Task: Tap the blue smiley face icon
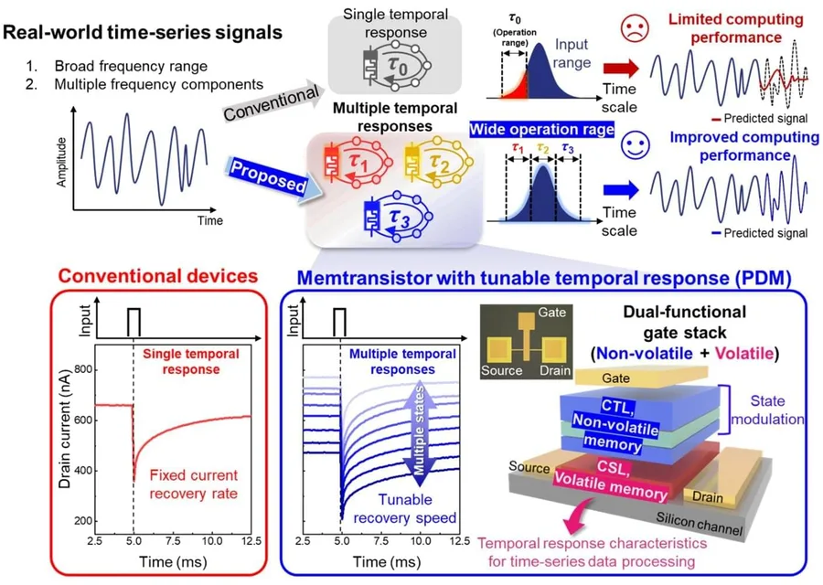(x=636, y=144)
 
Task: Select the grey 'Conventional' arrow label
(x=272, y=101)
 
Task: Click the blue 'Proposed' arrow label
(x=269, y=176)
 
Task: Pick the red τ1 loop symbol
(x=358, y=162)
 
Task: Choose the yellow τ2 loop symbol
(x=439, y=162)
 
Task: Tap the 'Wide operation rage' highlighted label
(x=541, y=129)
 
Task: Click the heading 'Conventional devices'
(x=158, y=276)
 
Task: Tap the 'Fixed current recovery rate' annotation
(x=194, y=484)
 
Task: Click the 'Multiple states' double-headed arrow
(x=418, y=431)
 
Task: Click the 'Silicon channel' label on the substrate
(x=699, y=523)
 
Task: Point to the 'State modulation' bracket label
(x=767, y=409)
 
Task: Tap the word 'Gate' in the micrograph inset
(x=551, y=313)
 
